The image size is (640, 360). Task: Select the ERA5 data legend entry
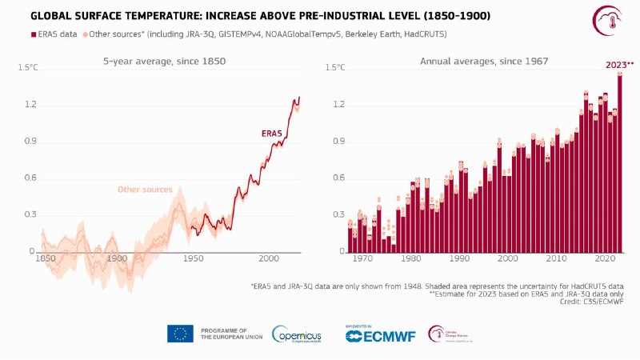[x=54, y=34]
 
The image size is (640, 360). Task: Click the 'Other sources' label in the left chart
[x=145, y=190]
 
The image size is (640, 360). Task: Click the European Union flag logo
[x=180, y=334]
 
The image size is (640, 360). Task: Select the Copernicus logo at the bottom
[x=297, y=334]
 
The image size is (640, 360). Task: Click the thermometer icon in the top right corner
[x=606, y=20]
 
